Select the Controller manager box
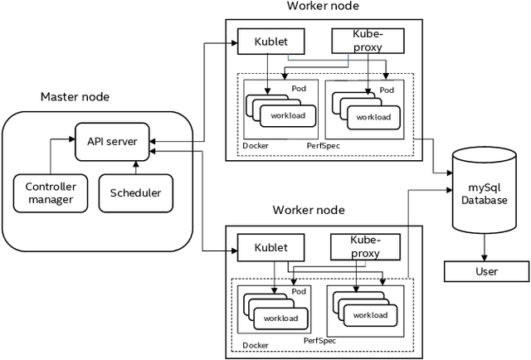[51, 192]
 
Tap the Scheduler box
[135, 193]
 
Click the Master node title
[76, 97]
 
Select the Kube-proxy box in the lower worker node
[365, 247]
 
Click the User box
[487, 271]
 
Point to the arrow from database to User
[486, 247]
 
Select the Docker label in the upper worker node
[256, 146]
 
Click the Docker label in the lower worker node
[255, 346]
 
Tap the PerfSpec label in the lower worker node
[319, 341]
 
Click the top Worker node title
[323, 7]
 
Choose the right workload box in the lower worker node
[369, 315]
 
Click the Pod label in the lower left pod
[299, 292]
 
